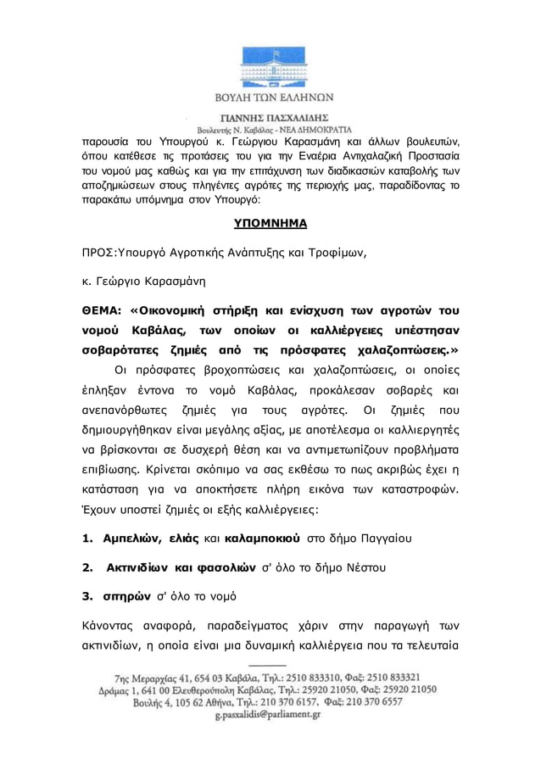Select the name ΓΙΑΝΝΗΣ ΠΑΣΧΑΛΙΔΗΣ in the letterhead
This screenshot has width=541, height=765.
tap(270, 117)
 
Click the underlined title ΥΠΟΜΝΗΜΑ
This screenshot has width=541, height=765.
tap(270, 224)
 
